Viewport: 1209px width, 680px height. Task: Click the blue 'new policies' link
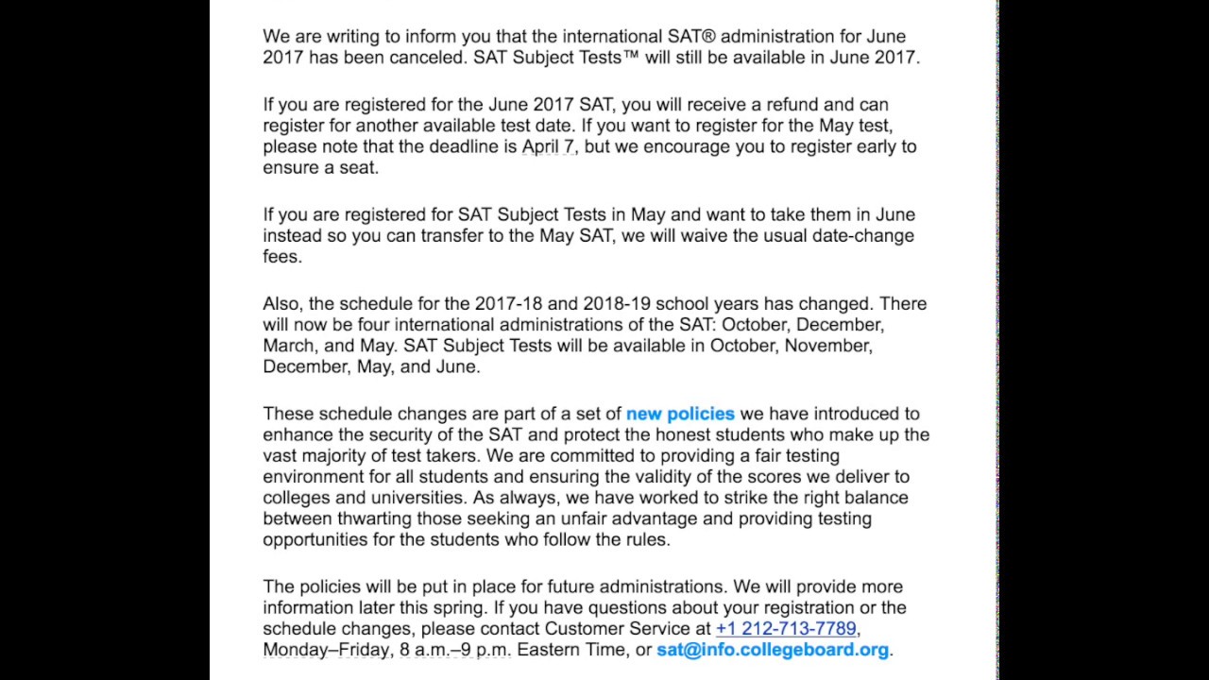pos(680,414)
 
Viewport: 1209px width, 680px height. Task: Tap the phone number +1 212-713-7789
pos(786,628)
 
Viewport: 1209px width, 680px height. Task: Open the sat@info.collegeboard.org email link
pos(773,650)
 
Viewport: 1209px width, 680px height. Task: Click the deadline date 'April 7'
pos(549,146)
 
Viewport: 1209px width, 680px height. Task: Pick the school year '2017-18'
pos(508,304)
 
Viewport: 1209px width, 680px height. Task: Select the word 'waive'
pos(702,236)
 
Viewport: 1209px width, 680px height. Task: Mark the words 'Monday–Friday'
pos(326,650)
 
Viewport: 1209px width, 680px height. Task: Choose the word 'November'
pos(828,346)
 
